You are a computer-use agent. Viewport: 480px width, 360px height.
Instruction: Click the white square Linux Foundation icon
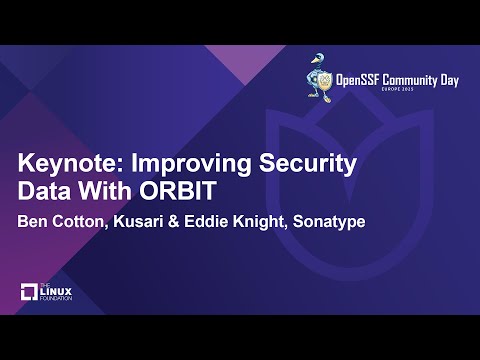[29, 293]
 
